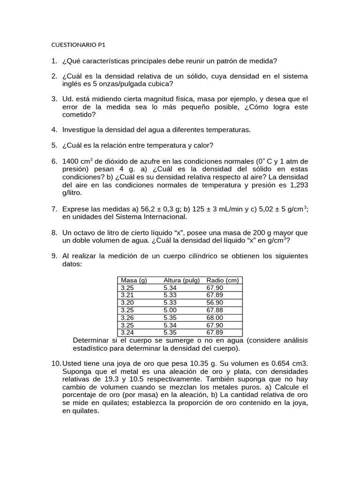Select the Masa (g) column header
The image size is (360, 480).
pyautogui.click(x=134, y=280)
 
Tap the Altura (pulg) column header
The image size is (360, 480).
pyautogui.click(x=181, y=280)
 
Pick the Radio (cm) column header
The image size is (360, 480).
pyautogui.click(x=223, y=280)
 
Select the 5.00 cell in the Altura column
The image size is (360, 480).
pyautogui.click(x=171, y=310)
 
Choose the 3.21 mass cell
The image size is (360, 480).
pyautogui.click(x=127, y=295)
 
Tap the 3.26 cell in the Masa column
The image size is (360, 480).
pyautogui.click(x=127, y=317)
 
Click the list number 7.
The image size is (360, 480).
pyautogui.click(x=54, y=209)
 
